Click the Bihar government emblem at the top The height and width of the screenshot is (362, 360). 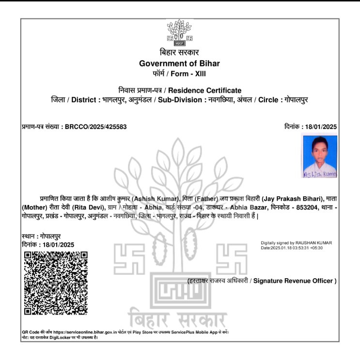coord(179,35)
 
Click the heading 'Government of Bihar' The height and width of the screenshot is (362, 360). coord(179,63)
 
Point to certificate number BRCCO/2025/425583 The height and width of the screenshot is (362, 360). coord(96,127)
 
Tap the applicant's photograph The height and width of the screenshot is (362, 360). coord(319,157)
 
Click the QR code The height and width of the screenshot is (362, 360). coord(56,283)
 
